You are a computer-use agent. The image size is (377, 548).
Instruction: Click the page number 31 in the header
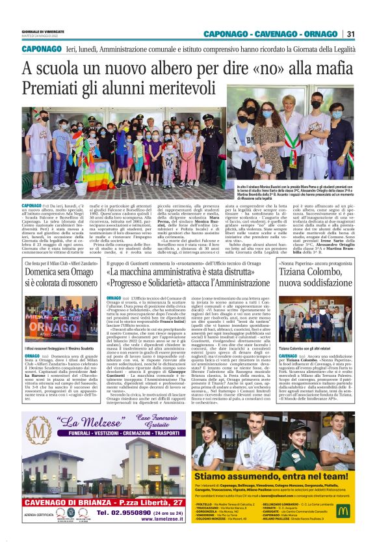[350, 34]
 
